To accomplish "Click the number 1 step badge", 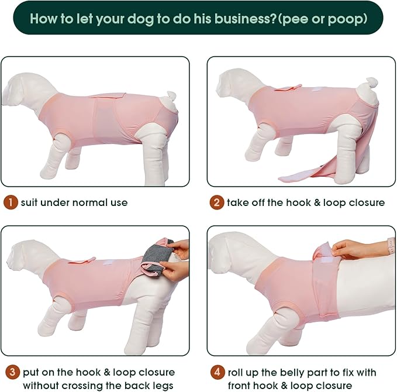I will pos(11,203).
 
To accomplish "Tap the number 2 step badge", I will pos(217,203).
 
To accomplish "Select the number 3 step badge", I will pos(11,372).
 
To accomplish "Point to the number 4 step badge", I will pos(217,372).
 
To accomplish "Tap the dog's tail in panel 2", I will pos(372,82).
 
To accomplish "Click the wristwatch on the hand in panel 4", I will pos(391,242).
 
